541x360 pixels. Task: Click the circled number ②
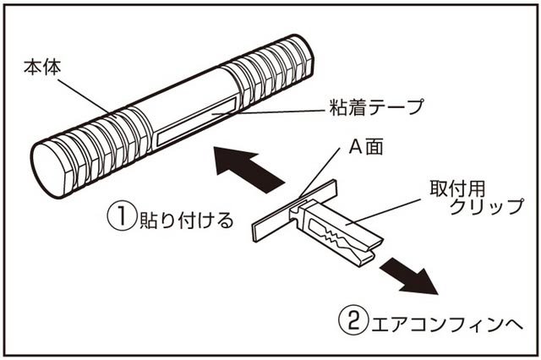352,322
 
